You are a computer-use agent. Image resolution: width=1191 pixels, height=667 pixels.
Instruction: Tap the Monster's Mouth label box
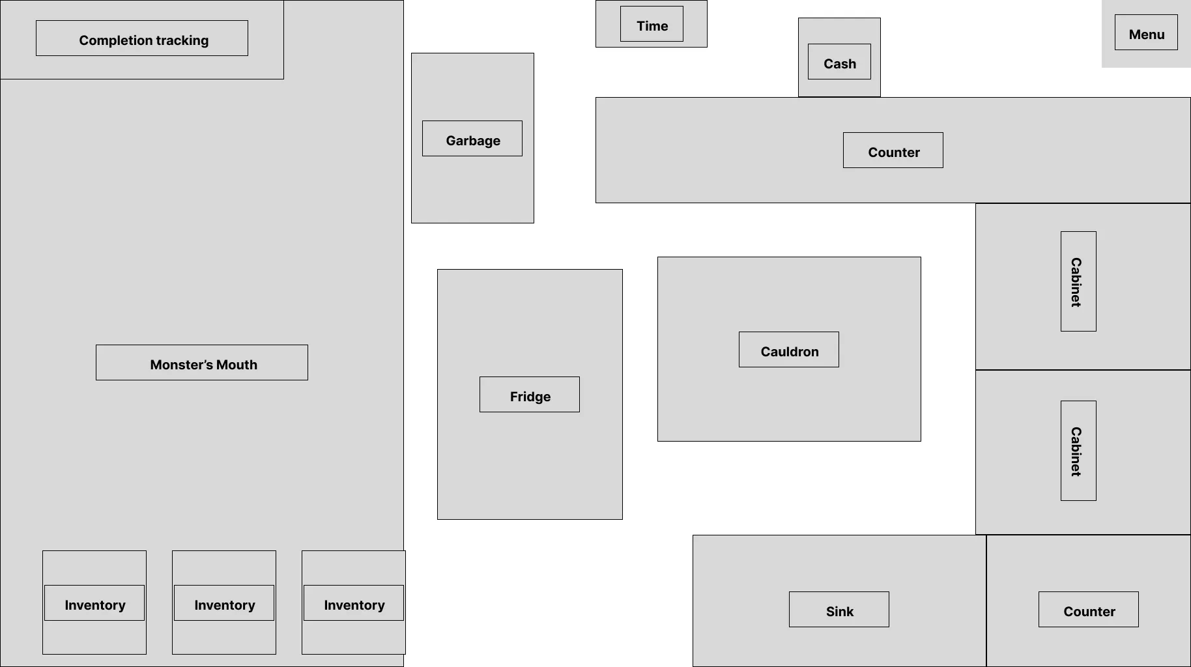click(x=202, y=363)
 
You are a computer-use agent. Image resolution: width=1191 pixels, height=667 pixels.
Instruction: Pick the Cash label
click(x=839, y=63)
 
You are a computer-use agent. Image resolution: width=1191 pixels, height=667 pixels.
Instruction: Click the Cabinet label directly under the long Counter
click(x=1078, y=281)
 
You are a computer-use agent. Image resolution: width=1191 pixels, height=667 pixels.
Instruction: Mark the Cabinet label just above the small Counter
click(x=1078, y=451)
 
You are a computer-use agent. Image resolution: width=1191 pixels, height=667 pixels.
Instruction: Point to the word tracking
click(x=179, y=40)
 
